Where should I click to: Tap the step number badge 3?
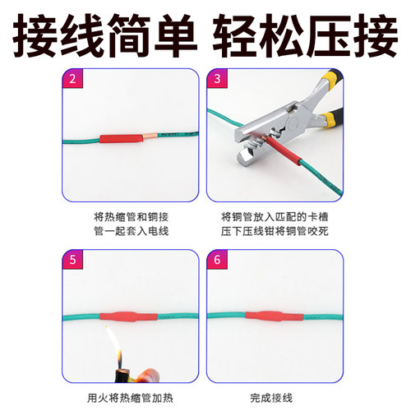(218, 79)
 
